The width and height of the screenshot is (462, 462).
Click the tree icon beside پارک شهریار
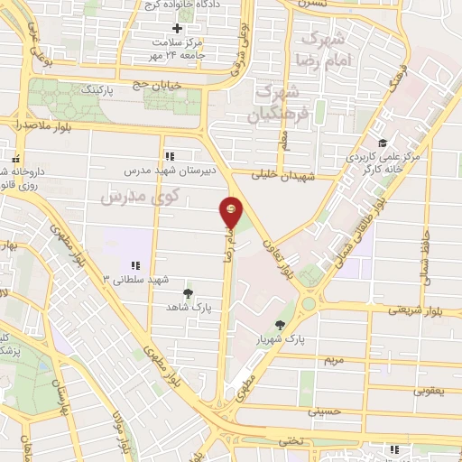coord(282,325)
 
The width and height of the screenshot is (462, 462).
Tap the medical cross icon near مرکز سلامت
coord(178,28)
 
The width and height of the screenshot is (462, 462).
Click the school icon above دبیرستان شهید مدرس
coord(170,156)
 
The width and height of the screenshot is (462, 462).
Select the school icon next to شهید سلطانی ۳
coord(135,265)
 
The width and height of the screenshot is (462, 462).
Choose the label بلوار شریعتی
coord(414,310)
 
